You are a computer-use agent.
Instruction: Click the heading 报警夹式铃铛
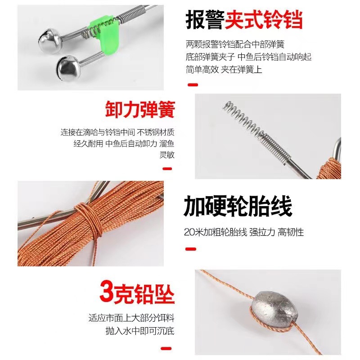244,20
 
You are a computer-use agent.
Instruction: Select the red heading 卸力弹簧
140,109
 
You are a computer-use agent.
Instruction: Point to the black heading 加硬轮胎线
238,206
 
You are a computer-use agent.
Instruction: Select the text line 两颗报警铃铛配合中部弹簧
235,44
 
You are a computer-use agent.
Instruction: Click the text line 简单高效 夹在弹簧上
224,69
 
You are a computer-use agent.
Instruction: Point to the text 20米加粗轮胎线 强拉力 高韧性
244,232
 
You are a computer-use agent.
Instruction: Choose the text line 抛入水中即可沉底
140,331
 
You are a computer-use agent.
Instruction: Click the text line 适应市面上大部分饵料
131,318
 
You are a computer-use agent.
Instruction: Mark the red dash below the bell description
193,85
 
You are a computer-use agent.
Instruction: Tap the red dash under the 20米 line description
190,249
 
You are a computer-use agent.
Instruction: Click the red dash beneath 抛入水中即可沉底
166,348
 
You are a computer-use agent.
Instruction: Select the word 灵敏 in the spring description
167,155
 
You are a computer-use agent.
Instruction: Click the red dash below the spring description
167,169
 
